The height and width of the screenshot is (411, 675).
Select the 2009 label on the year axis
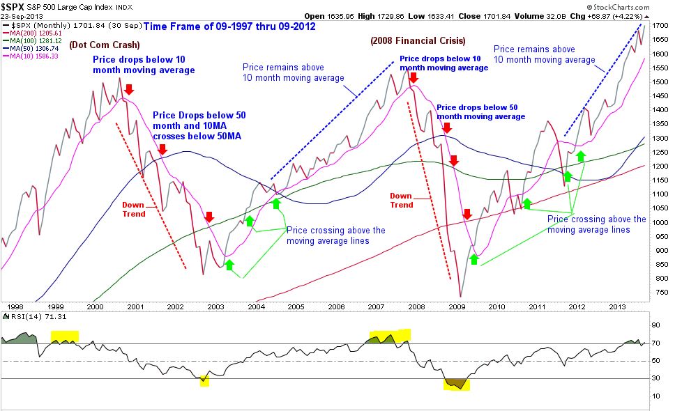pos(457,307)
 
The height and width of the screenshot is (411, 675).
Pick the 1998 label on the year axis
pos(13,307)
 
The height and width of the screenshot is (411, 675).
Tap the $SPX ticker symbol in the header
pos(15,6)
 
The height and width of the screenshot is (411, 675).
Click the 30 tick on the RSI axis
pos(655,378)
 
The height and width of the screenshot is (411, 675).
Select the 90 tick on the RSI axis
pos(655,325)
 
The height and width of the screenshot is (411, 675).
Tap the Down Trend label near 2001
pos(134,209)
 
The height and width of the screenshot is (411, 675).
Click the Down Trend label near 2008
pos(402,200)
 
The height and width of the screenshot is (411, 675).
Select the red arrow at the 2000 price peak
pos(129,88)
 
